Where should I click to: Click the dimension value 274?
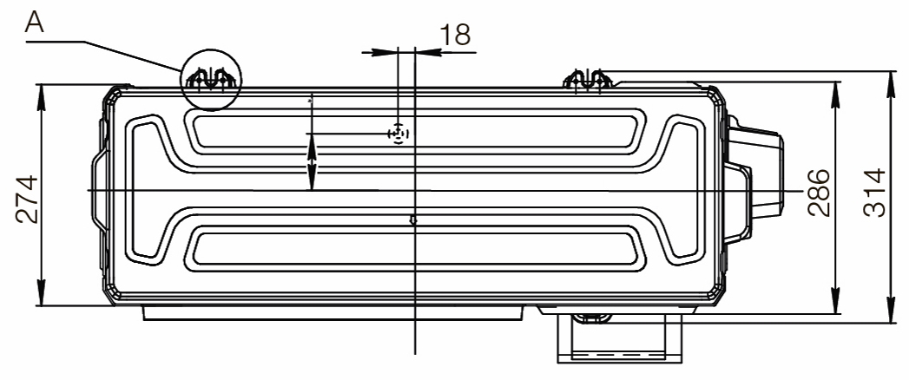[27, 200]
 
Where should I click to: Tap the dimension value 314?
[874, 193]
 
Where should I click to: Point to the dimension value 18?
[455, 35]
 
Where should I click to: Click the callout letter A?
[36, 23]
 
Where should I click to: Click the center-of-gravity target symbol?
[398, 134]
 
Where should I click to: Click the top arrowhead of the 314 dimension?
[892, 85]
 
